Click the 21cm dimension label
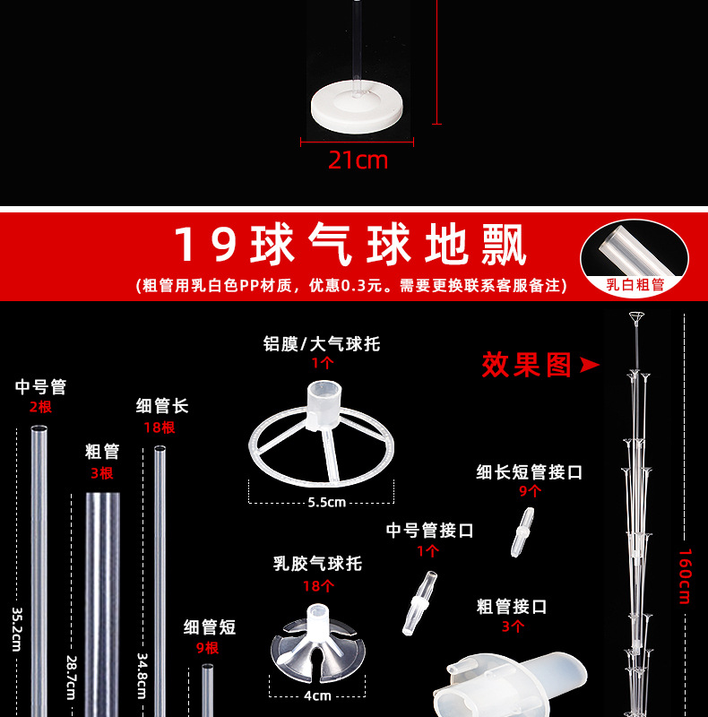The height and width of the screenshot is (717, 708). (358, 160)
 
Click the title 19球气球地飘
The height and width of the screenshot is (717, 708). (350, 244)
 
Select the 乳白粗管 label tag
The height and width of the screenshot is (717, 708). (635, 285)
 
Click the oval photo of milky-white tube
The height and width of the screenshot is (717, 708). (635, 248)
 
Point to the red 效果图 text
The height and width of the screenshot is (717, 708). (527, 365)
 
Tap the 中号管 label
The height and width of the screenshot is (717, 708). (40, 387)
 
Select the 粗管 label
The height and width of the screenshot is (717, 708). (102, 451)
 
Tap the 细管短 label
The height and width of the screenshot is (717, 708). (210, 626)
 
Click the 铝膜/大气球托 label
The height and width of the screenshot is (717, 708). (322, 344)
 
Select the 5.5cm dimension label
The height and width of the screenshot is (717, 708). (326, 502)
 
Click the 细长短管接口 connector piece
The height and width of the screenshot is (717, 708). (521, 534)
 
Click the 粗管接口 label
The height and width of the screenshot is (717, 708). (512, 607)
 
